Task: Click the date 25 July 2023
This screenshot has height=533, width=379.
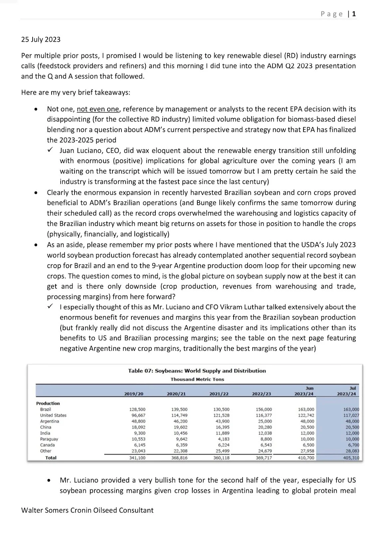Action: click(41, 40)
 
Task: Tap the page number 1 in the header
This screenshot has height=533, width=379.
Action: click(354, 14)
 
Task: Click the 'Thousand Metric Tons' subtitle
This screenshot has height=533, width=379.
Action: click(197, 379)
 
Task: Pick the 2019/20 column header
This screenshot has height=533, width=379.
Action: click(134, 393)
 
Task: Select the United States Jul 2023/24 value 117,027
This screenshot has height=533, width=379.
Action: click(351, 415)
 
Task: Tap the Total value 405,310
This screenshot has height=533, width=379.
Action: click(351, 458)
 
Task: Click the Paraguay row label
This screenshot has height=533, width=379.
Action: click(50, 439)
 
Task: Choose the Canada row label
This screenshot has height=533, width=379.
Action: click(48, 445)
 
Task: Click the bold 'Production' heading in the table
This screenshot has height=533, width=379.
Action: click(48, 403)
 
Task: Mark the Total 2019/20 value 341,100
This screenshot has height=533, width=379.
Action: click(137, 458)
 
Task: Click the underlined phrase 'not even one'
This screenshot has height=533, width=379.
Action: click(98, 109)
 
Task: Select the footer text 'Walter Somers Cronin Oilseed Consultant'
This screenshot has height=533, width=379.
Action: click(87, 510)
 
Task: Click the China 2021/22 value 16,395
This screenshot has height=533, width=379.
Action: click(221, 427)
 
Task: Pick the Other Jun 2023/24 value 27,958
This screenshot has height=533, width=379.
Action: click(306, 451)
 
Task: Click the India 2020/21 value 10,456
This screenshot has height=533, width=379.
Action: click(179, 433)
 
